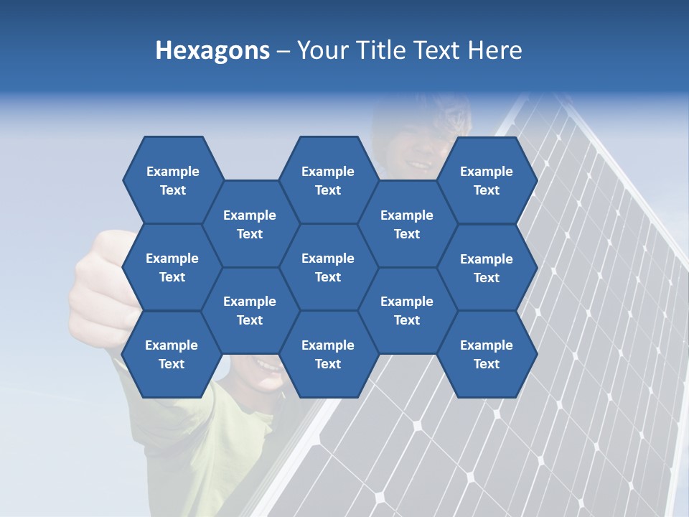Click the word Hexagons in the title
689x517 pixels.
coord(212,50)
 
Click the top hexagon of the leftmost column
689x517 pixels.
coord(172,180)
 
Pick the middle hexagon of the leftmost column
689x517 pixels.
coord(172,267)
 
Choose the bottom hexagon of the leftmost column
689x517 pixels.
coord(172,354)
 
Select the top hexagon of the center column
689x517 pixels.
coord(328,180)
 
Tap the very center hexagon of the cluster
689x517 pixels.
coord(328,267)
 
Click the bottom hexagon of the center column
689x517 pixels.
coord(328,354)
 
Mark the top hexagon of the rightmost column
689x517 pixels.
coord(487,180)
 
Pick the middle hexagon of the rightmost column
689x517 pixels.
coord(487,268)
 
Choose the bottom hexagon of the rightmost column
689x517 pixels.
coord(487,354)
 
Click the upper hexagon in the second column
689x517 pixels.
coord(250,224)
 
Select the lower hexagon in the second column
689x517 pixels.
coord(250,310)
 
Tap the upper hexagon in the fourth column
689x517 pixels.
coord(407,224)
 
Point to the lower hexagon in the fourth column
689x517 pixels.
coord(407,310)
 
